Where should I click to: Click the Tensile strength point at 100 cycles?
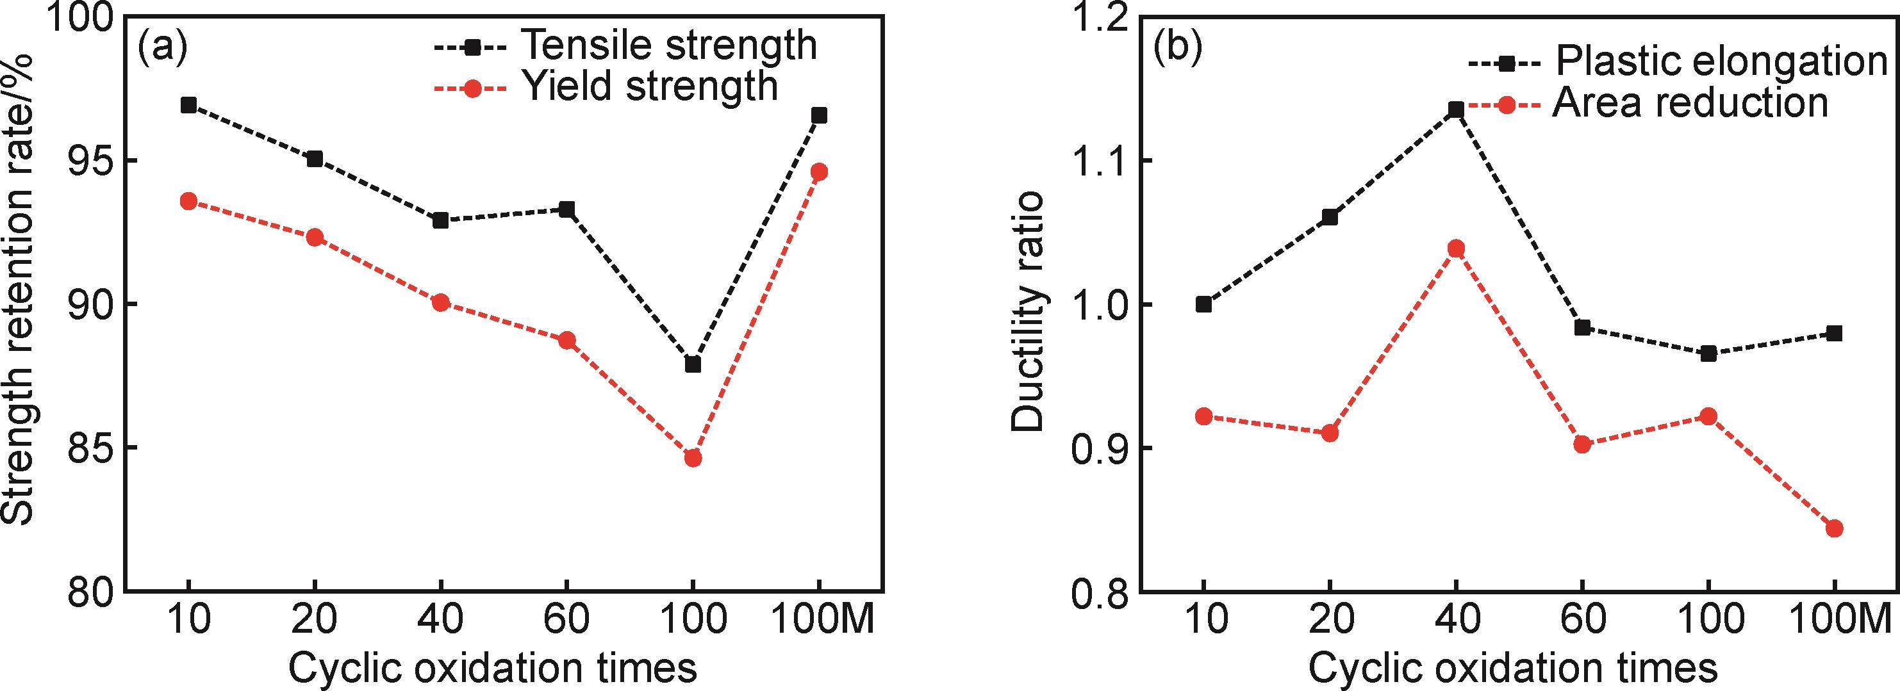693,364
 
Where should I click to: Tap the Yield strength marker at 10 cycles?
188,200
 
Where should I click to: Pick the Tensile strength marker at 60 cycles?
566,209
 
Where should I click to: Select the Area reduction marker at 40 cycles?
1456,248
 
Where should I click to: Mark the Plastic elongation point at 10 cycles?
1203,304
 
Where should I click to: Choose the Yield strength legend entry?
605,87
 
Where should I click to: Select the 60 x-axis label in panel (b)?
1582,621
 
